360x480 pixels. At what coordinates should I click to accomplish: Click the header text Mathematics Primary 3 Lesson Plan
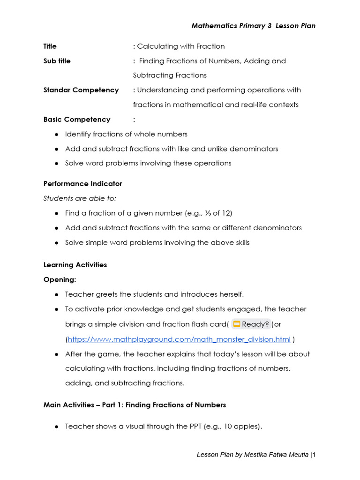[253, 26]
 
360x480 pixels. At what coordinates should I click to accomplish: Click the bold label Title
[50, 46]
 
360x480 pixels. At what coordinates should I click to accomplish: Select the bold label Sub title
[57, 61]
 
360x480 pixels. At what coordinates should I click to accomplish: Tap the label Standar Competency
[81, 90]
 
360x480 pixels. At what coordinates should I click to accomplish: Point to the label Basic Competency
[77, 120]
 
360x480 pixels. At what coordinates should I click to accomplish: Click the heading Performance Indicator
[82, 184]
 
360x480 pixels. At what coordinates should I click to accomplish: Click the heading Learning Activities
[75, 265]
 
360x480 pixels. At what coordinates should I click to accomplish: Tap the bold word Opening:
[60, 279]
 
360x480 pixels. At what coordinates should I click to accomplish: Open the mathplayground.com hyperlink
[179, 339]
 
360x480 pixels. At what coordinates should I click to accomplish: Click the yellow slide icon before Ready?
[237, 324]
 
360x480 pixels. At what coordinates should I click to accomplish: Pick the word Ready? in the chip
[255, 324]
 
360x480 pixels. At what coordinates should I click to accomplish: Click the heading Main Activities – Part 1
[135, 405]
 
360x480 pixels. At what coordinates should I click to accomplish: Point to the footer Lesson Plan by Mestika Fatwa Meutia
[253, 455]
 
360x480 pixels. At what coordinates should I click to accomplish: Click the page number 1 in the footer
[314, 455]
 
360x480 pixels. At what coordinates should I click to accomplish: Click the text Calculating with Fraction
[181, 46]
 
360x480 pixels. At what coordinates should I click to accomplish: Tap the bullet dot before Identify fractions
[57, 135]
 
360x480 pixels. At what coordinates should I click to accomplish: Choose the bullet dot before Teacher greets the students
[57, 294]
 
